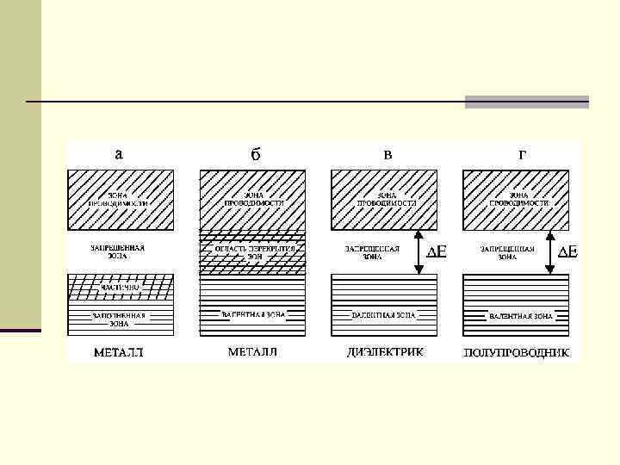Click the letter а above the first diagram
pos(119,154)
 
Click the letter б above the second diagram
pos(255,155)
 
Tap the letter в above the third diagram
pos(387,155)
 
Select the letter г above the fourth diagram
pos(522,155)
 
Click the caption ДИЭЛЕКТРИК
pos(385,352)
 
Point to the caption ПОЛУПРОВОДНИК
pos(516,353)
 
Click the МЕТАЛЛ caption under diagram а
pos(118,352)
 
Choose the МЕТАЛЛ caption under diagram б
pos(253,352)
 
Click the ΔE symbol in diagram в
pos(437,252)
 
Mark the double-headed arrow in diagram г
pos(549,251)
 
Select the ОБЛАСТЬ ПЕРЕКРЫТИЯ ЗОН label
pos(254,251)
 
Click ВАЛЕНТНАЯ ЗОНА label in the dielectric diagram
pos(384,316)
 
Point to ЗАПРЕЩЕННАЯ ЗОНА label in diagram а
pos(118,251)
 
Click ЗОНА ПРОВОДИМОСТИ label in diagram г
pos(518,199)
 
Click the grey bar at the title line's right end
pos(527,102)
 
